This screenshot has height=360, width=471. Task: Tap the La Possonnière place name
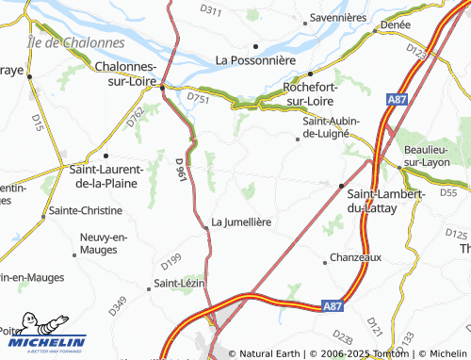coord(255,59)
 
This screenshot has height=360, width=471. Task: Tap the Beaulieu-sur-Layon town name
coord(436,155)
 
